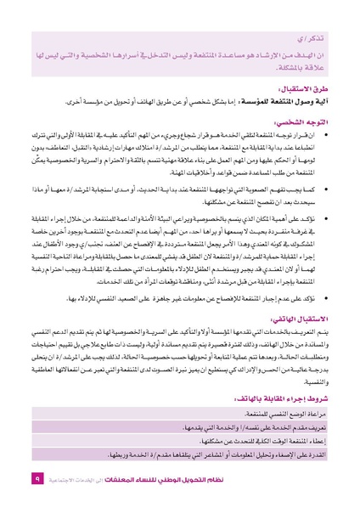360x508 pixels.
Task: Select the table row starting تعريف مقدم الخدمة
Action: [x=255, y=452]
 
